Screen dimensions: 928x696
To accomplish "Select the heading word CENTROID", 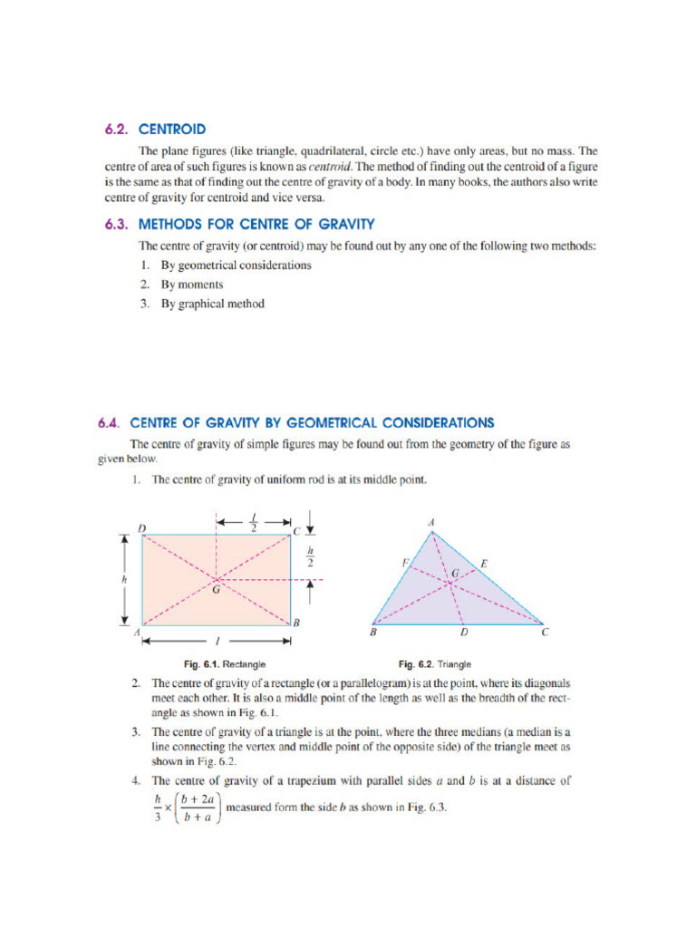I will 172,130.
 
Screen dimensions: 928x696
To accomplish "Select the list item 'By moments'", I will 192,285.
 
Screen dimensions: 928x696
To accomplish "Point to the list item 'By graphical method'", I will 213,304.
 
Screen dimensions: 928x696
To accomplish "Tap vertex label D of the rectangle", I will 141,527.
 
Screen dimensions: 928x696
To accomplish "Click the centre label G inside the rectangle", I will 217,590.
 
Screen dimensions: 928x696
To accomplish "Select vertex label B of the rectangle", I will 295,623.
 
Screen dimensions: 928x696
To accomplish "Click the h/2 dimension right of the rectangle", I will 310,555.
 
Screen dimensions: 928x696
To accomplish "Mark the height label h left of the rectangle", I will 124,578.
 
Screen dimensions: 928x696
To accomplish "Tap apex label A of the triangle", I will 430,523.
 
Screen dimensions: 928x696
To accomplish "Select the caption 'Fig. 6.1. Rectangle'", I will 225,664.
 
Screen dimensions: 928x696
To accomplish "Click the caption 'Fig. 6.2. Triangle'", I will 435,664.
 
